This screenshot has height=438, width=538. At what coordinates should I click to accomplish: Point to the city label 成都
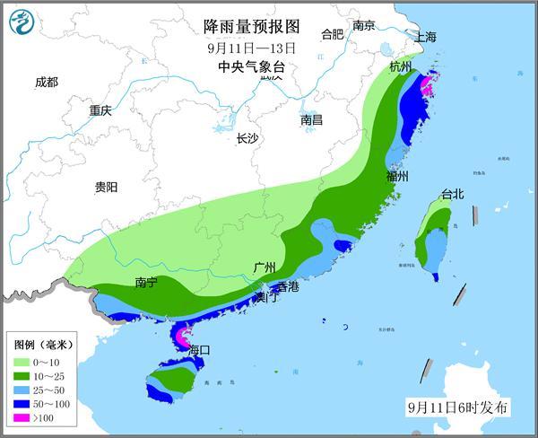47,83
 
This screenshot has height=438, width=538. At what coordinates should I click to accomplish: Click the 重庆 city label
100,111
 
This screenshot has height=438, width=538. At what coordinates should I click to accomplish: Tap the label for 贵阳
106,188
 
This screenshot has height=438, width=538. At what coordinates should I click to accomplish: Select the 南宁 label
146,283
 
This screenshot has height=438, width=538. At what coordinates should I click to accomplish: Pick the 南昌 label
312,119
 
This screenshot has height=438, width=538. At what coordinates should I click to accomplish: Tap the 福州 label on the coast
397,177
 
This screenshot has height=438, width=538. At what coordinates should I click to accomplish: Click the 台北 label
452,195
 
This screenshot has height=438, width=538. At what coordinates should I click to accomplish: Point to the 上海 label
425,37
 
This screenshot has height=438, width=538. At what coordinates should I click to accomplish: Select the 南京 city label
363,26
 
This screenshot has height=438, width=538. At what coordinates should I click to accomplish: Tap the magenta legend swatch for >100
22,417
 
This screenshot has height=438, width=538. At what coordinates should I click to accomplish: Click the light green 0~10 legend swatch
22,360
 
